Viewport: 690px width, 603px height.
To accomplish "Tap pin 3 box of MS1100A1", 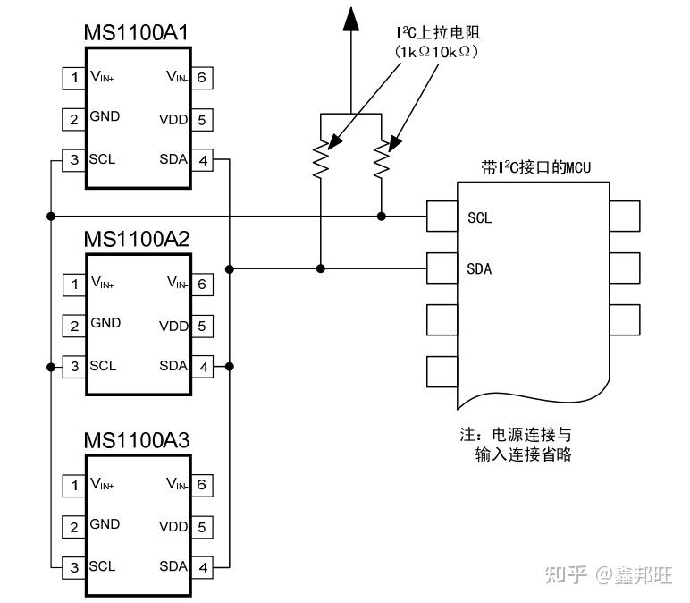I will coord(73,160).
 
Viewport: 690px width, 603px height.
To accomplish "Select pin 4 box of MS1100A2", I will coord(203,366).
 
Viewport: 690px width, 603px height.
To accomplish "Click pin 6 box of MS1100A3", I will coord(203,485).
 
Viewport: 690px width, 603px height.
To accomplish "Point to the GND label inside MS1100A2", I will coord(105,323).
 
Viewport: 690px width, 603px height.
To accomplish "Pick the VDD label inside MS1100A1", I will coord(173,119).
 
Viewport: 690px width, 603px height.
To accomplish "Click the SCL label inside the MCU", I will coord(480,217).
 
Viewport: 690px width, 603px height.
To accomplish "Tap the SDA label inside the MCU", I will coord(480,268).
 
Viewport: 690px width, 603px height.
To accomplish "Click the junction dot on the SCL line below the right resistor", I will coord(382,216).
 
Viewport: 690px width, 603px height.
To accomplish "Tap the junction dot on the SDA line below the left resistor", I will coord(321,268).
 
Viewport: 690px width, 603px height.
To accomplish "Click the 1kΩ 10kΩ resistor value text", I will coord(437,53).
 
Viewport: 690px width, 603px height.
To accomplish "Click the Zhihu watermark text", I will coord(608,574).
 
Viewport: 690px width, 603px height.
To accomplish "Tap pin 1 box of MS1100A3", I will coord(73,485).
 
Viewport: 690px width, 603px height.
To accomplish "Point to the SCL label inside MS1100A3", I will coord(103,566).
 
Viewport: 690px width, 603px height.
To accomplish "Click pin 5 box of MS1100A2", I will coord(203,326).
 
